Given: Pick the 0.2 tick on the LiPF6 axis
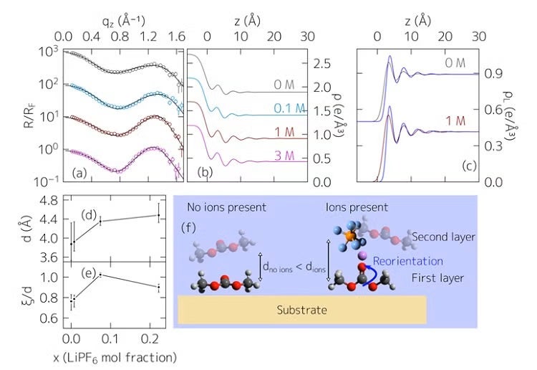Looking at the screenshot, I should (x=147, y=339).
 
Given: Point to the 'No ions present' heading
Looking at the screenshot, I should (x=227, y=208).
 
